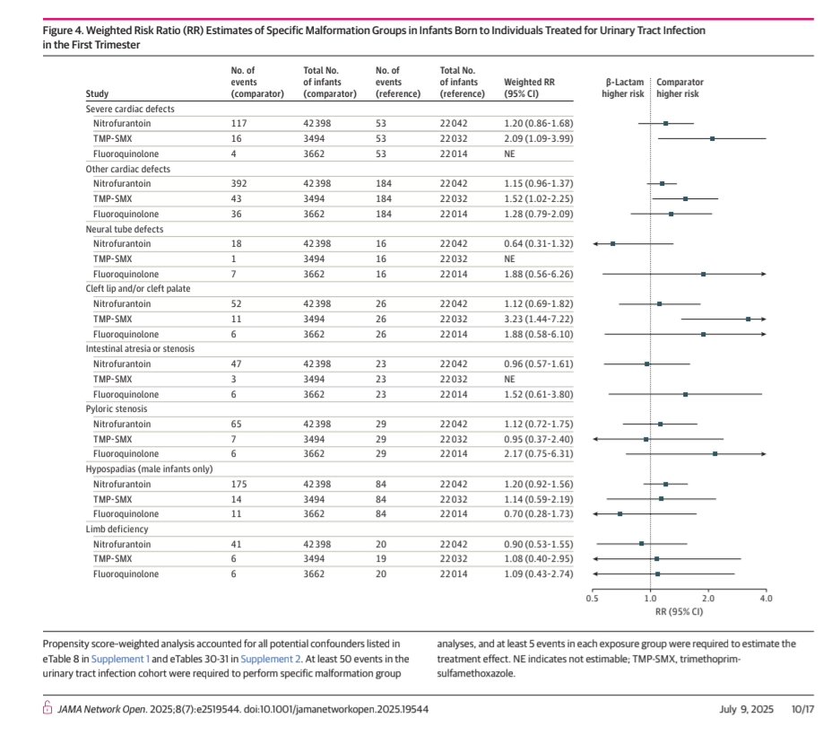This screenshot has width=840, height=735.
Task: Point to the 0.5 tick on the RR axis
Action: [x=592, y=597]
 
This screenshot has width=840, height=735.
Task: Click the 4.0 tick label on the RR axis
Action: [x=765, y=597]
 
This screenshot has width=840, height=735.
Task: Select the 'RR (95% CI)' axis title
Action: [x=678, y=610]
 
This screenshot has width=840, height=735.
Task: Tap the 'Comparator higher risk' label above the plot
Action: [x=680, y=87]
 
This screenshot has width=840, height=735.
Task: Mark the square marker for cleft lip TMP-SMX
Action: [x=748, y=319]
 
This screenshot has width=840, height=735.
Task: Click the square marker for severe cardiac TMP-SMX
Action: [x=712, y=138]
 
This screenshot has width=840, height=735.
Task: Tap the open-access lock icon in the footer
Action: [x=48, y=709]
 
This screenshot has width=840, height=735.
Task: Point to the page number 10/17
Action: [x=801, y=709]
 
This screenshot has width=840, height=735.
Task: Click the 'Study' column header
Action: [x=97, y=93]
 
